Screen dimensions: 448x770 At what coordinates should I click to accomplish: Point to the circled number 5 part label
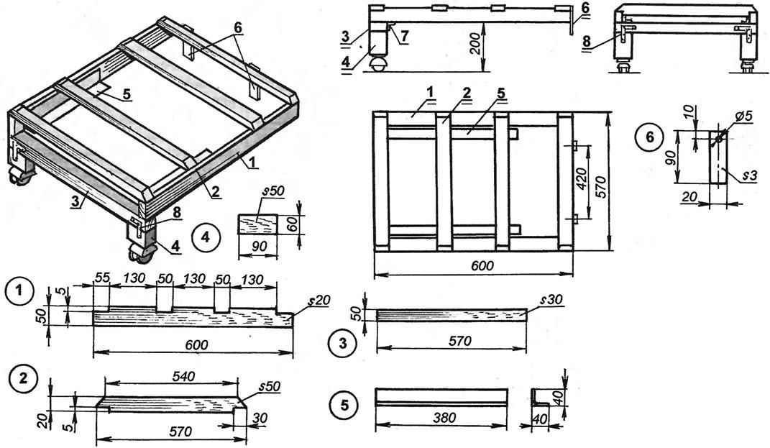tap(339, 403)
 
